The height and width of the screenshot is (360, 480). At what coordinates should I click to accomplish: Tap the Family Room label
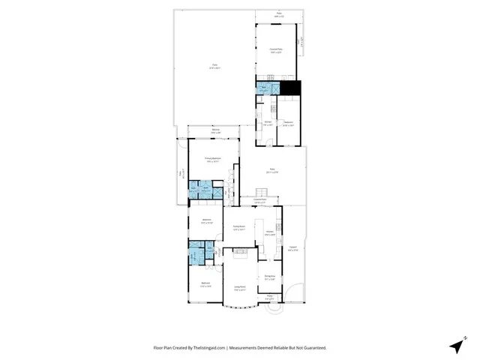click(239, 228)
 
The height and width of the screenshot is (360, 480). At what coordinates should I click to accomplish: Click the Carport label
click(293, 249)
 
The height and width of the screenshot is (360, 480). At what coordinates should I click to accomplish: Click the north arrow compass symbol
click(455, 346)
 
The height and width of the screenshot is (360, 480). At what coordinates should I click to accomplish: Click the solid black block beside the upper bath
click(291, 88)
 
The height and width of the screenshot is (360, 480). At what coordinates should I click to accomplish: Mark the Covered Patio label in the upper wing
click(276, 51)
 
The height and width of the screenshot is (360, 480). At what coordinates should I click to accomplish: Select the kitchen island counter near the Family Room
click(258, 229)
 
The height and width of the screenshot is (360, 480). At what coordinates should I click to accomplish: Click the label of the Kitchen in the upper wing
click(268, 123)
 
